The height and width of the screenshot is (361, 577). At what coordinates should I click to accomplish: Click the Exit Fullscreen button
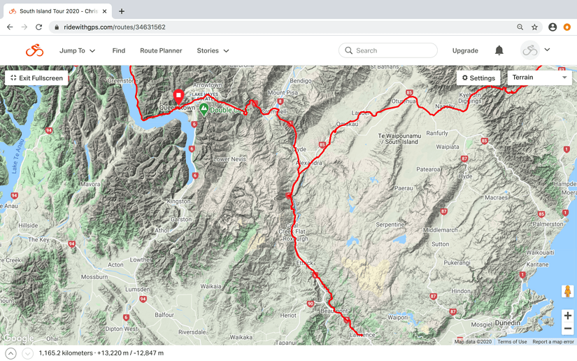click(36, 78)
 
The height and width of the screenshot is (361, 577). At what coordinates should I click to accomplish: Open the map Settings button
click(478, 78)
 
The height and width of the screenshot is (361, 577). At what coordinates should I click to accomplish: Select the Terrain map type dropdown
click(539, 78)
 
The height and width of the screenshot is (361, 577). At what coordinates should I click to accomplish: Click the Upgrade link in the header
click(465, 50)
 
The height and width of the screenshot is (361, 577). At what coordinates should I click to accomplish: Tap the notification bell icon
click(499, 50)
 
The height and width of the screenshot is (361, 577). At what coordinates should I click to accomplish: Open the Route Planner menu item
click(161, 50)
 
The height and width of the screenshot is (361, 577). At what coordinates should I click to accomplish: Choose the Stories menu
click(213, 50)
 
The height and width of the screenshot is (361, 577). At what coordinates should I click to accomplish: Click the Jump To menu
click(77, 50)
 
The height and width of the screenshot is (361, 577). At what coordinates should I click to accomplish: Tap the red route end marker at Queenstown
click(178, 96)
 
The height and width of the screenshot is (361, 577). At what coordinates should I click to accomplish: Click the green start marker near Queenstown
click(204, 108)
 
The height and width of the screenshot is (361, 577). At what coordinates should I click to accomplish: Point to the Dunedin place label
click(507, 323)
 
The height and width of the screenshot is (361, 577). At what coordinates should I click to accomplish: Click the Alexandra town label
click(309, 163)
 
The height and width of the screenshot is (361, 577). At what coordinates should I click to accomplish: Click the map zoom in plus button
click(567, 316)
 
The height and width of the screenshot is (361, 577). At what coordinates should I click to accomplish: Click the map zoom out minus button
click(567, 329)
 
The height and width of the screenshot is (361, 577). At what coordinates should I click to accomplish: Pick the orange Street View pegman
click(567, 291)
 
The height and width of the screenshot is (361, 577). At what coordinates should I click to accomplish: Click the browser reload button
click(39, 27)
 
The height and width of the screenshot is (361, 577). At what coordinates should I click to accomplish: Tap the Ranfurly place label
click(437, 133)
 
